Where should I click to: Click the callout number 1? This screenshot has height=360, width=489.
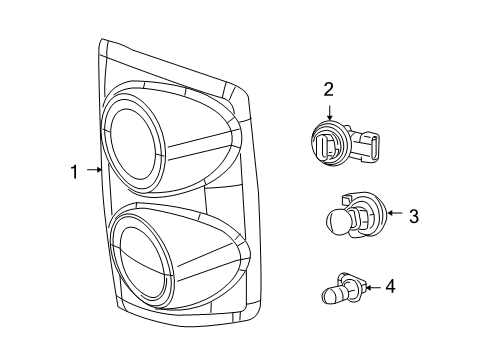pyautogui.click(x=74, y=172)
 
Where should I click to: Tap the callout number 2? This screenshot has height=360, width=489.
pyautogui.click(x=328, y=90)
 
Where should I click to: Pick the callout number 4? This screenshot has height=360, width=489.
pyautogui.click(x=390, y=287)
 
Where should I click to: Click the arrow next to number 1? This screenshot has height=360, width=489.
pyautogui.click(x=92, y=172)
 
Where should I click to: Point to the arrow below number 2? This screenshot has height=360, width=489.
pyautogui.click(x=328, y=112)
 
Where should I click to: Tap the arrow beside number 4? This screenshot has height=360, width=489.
pyautogui.click(x=369, y=288)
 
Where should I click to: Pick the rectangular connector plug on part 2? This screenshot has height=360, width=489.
pyautogui.click(x=375, y=146)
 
